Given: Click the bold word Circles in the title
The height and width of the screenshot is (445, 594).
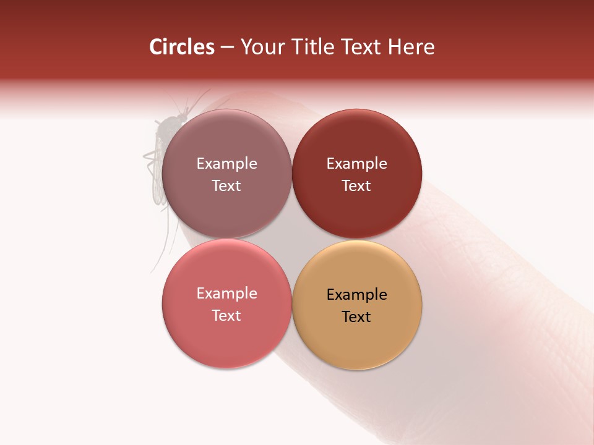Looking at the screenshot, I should pos(182,47).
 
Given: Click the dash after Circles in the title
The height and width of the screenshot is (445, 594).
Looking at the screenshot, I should pos(227,48).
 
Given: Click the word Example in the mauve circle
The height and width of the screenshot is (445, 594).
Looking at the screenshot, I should pos(226,163).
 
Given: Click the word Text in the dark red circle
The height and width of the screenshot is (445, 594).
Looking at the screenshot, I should pos(356,185).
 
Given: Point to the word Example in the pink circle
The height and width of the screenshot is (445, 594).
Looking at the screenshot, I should pos(226,293).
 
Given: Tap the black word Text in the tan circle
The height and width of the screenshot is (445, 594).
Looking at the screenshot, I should pos(356,316).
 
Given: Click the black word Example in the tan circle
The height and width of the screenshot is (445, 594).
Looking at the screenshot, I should pos(356,294).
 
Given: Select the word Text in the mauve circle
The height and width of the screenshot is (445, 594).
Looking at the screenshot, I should pos(226,185).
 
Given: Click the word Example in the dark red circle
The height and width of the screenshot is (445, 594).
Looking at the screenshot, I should pos(356,163).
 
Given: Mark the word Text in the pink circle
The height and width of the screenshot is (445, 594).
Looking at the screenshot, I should pos(226,315).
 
